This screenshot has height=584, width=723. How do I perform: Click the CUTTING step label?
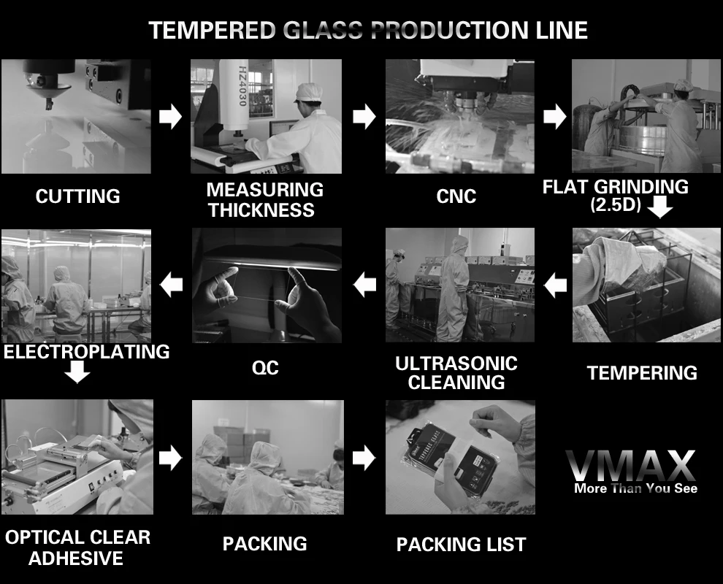77,196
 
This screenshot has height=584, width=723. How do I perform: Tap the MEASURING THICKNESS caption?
264,200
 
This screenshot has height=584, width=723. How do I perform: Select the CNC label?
456,196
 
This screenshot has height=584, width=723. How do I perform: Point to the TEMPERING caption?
642,373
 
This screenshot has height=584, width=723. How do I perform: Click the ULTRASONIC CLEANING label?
456,373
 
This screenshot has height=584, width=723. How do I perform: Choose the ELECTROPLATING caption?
86,352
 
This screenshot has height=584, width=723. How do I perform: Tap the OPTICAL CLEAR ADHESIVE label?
77,548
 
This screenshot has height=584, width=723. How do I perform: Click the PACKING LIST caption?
461,545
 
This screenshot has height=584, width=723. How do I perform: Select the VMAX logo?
630,466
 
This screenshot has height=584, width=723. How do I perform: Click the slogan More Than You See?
635,488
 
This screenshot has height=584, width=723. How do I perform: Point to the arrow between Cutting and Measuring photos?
170,116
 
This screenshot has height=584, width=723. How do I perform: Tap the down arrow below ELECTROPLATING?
77,372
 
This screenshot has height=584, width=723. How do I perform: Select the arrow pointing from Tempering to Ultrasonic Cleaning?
556,285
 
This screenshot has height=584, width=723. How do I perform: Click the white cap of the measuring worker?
308,91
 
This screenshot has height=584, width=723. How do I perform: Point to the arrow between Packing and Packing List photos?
364,458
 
